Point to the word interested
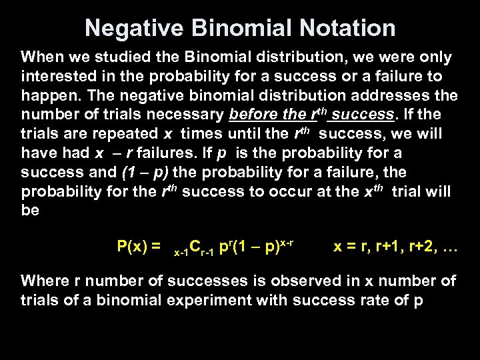click(59, 77)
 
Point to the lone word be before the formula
click(30, 211)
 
